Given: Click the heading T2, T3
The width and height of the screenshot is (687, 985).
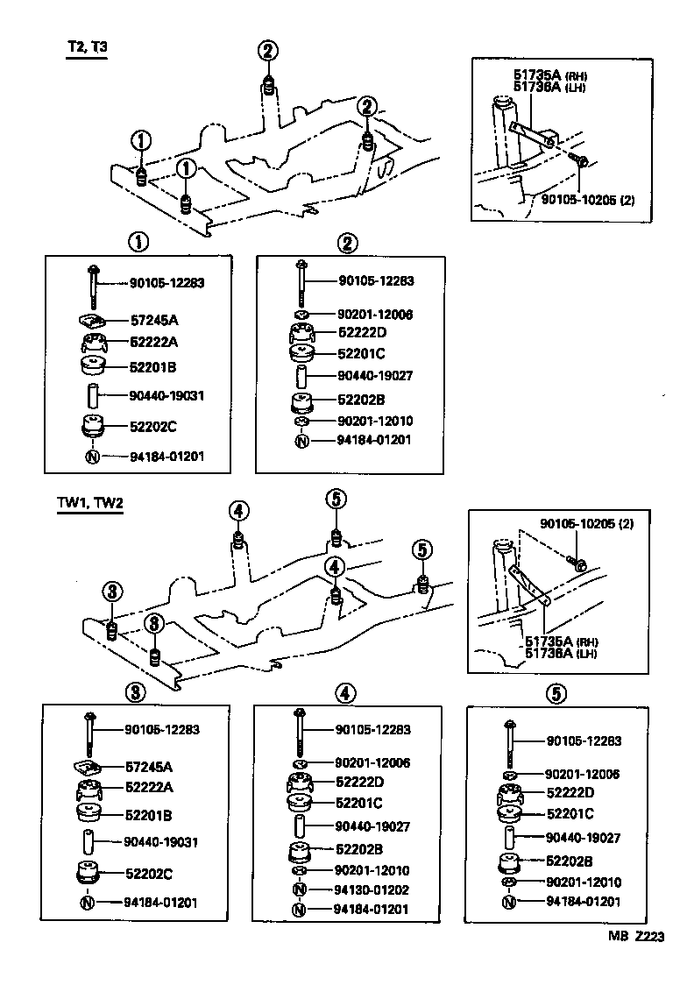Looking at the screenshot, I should [87, 47].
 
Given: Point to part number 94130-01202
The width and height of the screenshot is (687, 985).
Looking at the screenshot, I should [372, 889].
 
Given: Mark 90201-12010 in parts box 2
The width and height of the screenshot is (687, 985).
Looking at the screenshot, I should [375, 422].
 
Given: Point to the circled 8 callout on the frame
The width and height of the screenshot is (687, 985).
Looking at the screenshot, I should [153, 624].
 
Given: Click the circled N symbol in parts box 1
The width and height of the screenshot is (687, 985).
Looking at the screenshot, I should [92, 457].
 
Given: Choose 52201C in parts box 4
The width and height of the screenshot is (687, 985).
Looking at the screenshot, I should [359, 803].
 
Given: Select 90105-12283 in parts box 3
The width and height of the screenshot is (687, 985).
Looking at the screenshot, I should [166, 729].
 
